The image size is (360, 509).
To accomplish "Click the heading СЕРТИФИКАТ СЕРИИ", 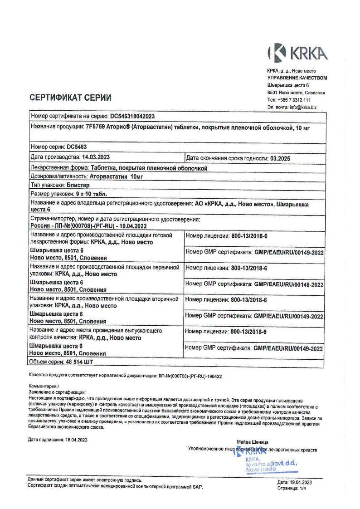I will pyautogui.click(x=70, y=98).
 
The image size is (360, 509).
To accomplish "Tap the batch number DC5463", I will pyautogui.click(x=77, y=147).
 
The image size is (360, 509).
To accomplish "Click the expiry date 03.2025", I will pyautogui.click(x=280, y=158).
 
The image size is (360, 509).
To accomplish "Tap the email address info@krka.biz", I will pyautogui.click(x=303, y=107).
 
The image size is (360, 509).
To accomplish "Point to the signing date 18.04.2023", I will pyautogui.click(x=76, y=440).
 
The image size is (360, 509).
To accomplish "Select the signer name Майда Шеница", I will pyautogui.click(x=253, y=442).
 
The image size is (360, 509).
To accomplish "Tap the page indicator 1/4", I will pyautogui.click(x=302, y=488).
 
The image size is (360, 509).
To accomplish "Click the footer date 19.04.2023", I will pyautogui.click(x=301, y=482).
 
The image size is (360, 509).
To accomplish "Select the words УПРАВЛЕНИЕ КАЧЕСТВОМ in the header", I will pyautogui.click(x=297, y=78).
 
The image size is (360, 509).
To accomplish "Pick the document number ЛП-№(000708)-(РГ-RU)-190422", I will pyautogui.click(x=190, y=376).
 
